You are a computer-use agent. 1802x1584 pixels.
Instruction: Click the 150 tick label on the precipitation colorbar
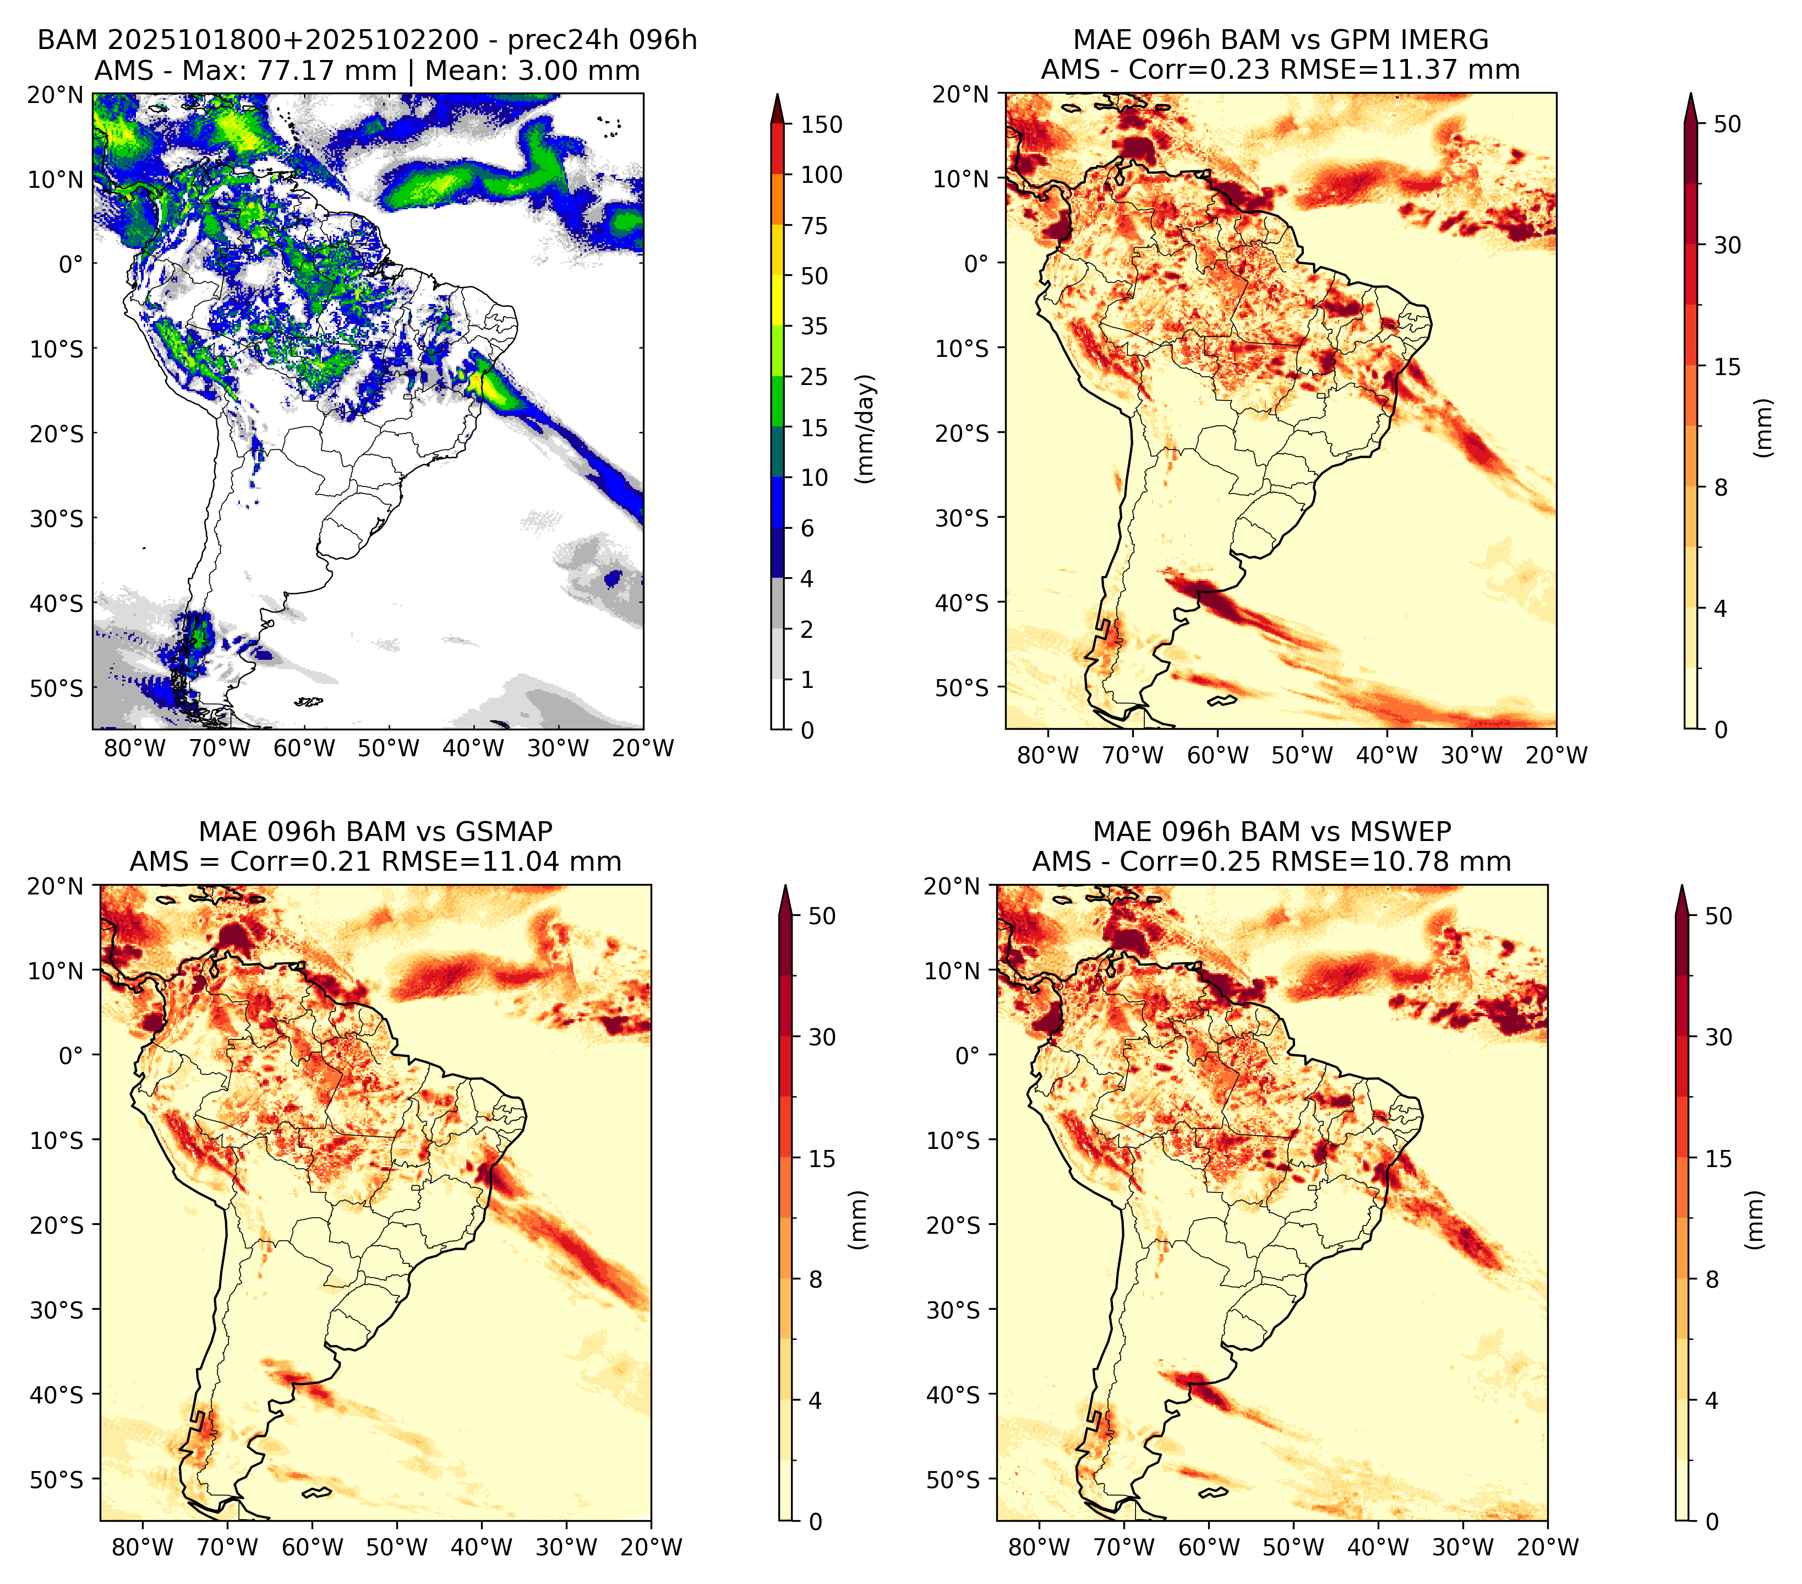point(821,124)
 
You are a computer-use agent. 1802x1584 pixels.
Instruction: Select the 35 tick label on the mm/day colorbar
point(813,326)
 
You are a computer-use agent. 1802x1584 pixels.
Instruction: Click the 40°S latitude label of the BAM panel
point(57,603)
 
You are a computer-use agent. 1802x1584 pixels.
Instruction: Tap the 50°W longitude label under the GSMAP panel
point(397,1547)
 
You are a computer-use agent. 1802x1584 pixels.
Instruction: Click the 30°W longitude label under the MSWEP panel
point(1464,1547)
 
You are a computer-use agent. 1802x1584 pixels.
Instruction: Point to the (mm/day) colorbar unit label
point(866,428)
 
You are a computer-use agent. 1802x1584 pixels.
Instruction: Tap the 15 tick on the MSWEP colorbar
point(1719,1158)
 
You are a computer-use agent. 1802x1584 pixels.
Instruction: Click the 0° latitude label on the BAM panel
point(70,264)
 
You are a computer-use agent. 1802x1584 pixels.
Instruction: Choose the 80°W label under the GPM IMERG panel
point(1048,755)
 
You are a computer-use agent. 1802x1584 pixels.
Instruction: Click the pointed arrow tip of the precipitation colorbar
point(778,94)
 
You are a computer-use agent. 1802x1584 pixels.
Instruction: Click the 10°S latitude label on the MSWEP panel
point(953,1141)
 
